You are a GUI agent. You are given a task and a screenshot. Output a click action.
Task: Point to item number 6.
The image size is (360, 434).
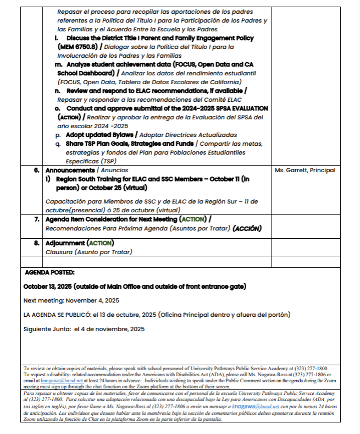coord(36,171)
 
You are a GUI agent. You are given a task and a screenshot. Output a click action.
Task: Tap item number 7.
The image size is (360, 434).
coord(36,219)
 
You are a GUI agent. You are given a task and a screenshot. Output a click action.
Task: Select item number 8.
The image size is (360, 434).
coord(36,243)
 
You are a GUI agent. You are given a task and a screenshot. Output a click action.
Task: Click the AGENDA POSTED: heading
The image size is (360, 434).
coord(49,272)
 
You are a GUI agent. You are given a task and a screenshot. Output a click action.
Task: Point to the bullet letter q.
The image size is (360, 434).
coord(58,144)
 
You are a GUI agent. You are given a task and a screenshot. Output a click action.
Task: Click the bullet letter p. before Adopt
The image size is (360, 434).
coord(58,135)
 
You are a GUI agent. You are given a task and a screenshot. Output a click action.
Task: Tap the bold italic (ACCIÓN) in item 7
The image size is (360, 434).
coord(247,228)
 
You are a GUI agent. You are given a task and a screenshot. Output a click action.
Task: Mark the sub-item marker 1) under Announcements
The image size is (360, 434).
coord(48,179)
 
